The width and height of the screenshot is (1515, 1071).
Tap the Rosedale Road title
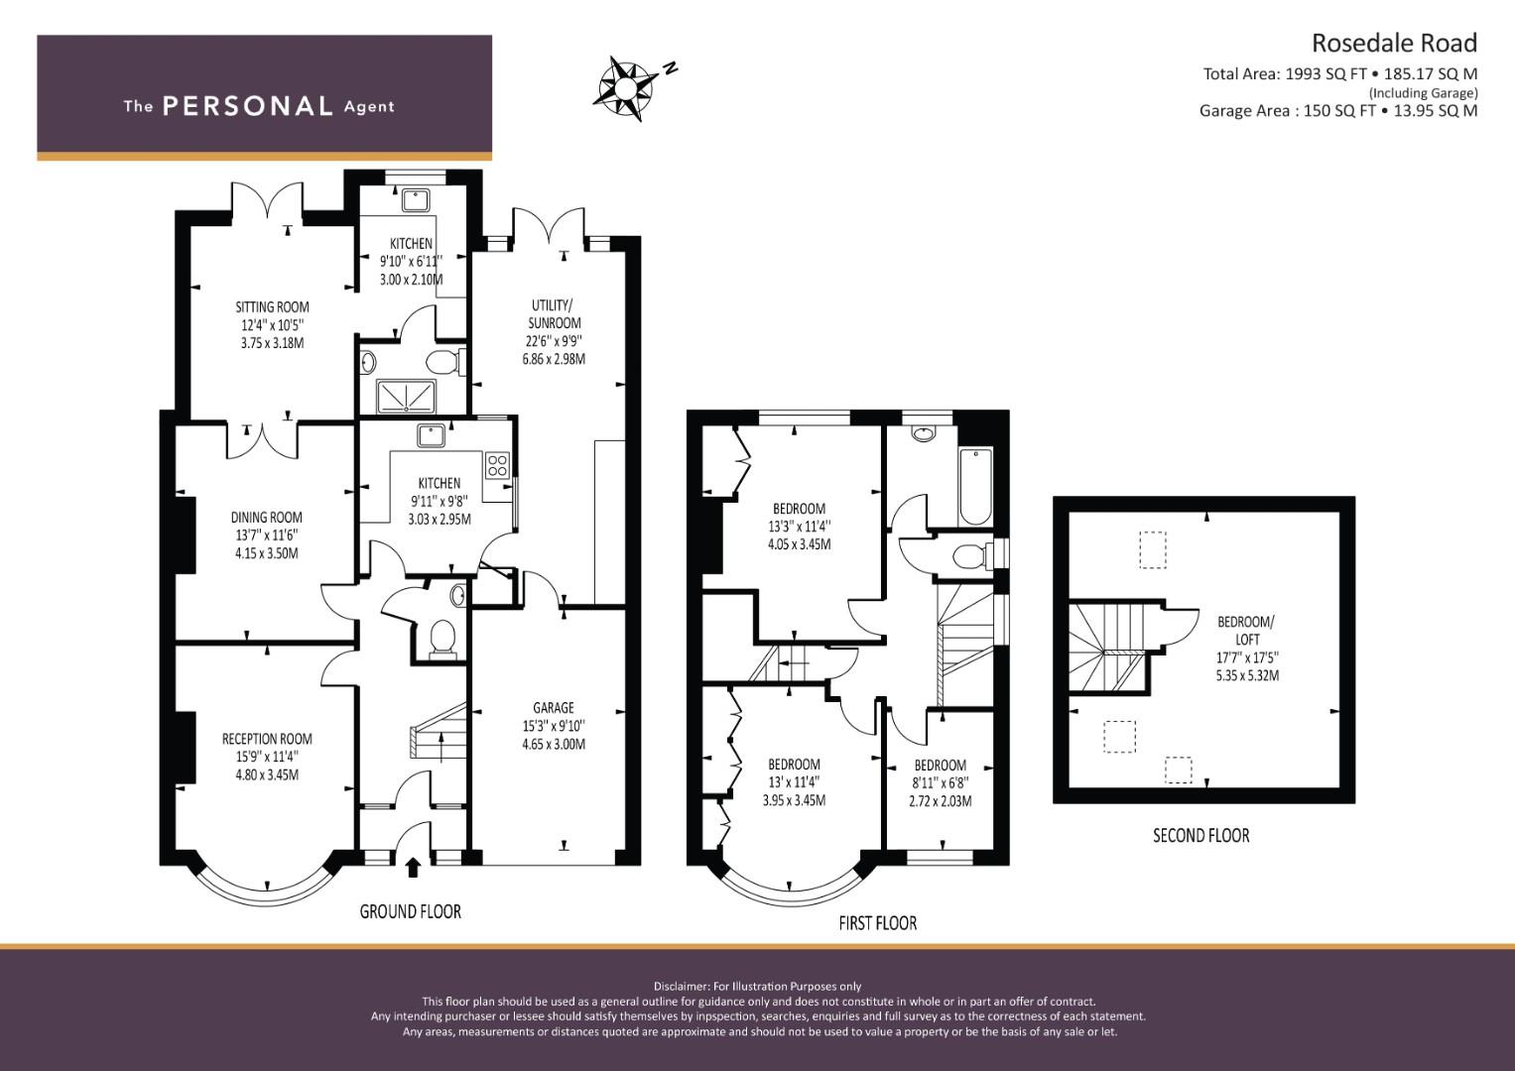(x=1394, y=44)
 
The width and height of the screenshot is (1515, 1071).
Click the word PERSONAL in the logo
(x=248, y=106)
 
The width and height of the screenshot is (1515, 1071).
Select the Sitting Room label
(x=272, y=307)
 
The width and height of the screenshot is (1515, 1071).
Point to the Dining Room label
(x=267, y=518)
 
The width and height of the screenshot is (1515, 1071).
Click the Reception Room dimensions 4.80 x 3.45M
(x=267, y=774)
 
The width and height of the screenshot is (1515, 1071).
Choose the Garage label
(x=554, y=708)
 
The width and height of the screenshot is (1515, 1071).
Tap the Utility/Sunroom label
(x=554, y=314)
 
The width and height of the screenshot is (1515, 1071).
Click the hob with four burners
(x=497, y=465)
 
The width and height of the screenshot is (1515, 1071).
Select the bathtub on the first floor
(x=975, y=487)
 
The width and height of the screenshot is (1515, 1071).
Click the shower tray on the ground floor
(x=405, y=397)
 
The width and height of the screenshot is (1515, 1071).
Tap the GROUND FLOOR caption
(x=410, y=912)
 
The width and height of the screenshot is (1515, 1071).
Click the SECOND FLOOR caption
(x=1201, y=836)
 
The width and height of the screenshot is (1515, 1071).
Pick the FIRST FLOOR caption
(x=878, y=923)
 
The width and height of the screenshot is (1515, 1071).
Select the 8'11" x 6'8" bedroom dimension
(x=941, y=783)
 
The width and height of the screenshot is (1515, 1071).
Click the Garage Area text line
(x=1338, y=111)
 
